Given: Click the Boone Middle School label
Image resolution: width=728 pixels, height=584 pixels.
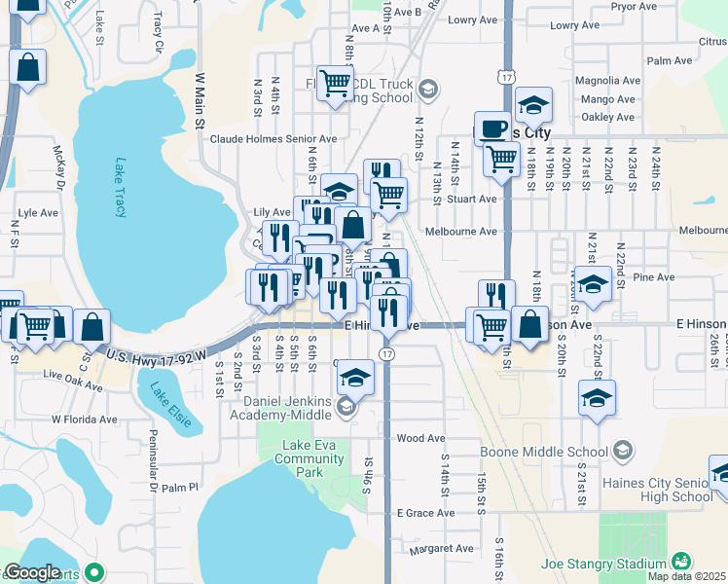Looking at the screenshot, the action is tap(543, 452).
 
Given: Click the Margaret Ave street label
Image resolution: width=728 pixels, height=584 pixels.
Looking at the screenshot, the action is tap(441, 549).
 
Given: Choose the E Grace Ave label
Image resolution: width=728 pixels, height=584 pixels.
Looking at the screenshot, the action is tap(425, 513).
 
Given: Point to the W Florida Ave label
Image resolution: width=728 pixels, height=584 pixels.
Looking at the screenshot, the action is tap(84, 420).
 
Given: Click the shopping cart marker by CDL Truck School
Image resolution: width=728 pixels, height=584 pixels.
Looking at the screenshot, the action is tap(335, 84).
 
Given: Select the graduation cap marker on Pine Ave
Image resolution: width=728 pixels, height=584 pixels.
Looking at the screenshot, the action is tap(593, 283).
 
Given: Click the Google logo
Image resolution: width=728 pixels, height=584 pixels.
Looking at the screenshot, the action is tap(32, 573).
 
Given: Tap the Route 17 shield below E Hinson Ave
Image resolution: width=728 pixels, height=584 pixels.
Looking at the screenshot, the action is tap(387, 352).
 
